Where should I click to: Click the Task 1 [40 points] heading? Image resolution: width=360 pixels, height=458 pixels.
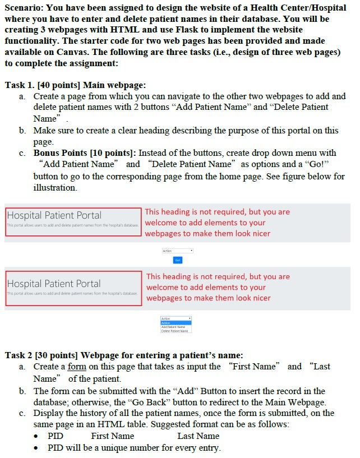75,85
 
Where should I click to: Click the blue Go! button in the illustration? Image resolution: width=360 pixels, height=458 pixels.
178,260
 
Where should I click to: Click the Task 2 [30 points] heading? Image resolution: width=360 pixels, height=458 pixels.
123,355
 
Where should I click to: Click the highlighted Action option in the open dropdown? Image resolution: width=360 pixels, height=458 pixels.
167,323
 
